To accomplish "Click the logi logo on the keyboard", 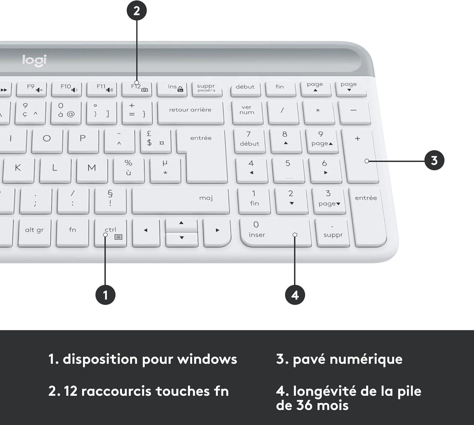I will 34,60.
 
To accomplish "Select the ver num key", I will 247,111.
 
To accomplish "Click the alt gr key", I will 34,231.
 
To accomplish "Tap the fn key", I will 72,231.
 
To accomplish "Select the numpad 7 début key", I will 249,139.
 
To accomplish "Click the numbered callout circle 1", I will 105,295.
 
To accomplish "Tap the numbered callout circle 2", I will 137,11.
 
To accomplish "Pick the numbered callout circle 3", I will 434,161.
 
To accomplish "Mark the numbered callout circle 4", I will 295,295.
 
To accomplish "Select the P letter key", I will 82,139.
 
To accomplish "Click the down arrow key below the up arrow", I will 181,238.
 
